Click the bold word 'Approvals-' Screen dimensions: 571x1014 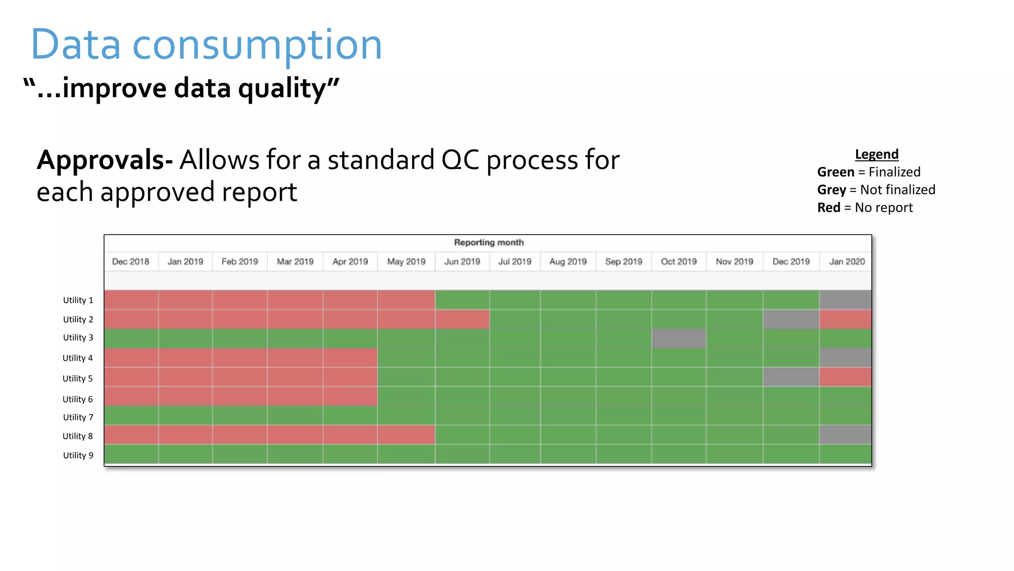(x=104, y=160)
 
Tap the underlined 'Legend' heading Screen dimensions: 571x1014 (x=876, y=154)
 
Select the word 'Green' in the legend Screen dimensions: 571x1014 (x=836, y=172)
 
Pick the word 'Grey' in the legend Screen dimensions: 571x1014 (x=831, y=190)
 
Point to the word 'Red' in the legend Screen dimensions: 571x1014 (x=828, y=208)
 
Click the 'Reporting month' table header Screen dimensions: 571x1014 (x=488, y=242)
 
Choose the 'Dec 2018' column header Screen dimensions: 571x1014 (x=130, y=262)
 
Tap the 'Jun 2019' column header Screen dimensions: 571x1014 (x=462, y=262)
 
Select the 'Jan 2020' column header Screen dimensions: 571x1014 (x=847, y=262)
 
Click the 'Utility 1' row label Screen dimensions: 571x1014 (x=78, y=300)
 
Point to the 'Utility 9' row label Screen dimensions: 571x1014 (x=78, y=456)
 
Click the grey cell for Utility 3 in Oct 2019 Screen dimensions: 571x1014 (x=678, y=339)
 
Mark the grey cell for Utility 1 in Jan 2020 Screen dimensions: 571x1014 (x=845, y=300)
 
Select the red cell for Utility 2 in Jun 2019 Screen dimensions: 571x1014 (x=462, y=319)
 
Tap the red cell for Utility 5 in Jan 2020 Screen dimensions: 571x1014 (x=845, y=377)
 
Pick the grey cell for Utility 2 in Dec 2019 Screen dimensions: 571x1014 (x=791, y=319)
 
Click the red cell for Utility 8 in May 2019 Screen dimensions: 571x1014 (x=406, y=435)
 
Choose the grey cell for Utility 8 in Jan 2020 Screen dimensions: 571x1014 (x=845, y=435)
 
